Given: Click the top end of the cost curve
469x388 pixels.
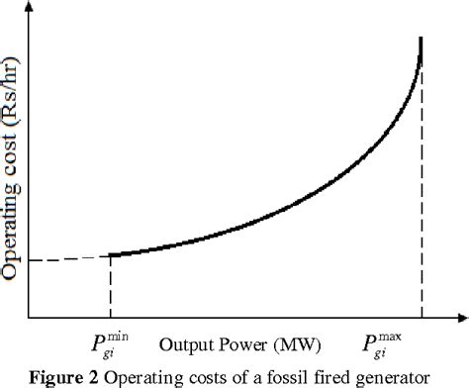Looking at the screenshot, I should (x=422, y=40).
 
